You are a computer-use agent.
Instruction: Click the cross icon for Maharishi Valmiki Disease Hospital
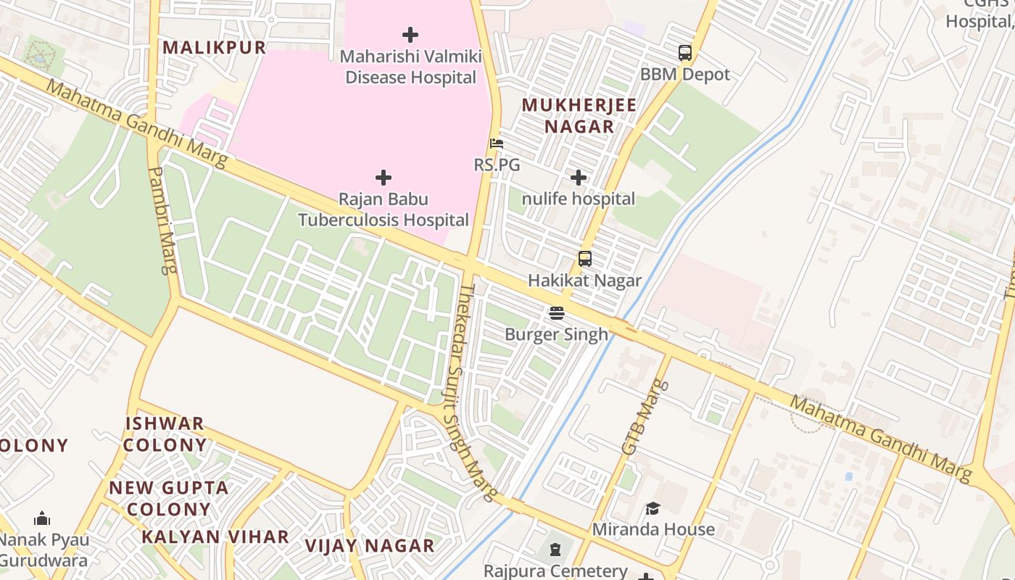(410, 34)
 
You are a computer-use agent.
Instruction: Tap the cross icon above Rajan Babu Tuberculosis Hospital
(384, 178)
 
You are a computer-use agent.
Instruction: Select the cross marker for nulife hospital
(579, 178)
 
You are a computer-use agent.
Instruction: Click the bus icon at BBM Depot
(685, 53)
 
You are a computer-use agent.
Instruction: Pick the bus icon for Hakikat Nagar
(584, 259)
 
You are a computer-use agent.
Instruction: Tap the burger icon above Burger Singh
(556, 313)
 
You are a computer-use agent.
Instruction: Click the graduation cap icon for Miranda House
(653, 508)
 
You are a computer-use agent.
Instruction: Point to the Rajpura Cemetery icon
(555, 550)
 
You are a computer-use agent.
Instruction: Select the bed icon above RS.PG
(497, 144)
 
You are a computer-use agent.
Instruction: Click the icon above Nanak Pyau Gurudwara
(42, 518)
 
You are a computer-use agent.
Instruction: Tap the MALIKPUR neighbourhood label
(214, 48)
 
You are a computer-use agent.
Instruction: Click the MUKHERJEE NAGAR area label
(579, 115)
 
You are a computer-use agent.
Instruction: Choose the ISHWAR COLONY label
(165, 434)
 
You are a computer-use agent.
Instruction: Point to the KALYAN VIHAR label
(215, 537)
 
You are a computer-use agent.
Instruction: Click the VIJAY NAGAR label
(369, 546)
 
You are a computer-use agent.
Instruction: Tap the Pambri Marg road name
(162, 220)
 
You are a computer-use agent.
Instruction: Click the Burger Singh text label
(556, 334)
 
